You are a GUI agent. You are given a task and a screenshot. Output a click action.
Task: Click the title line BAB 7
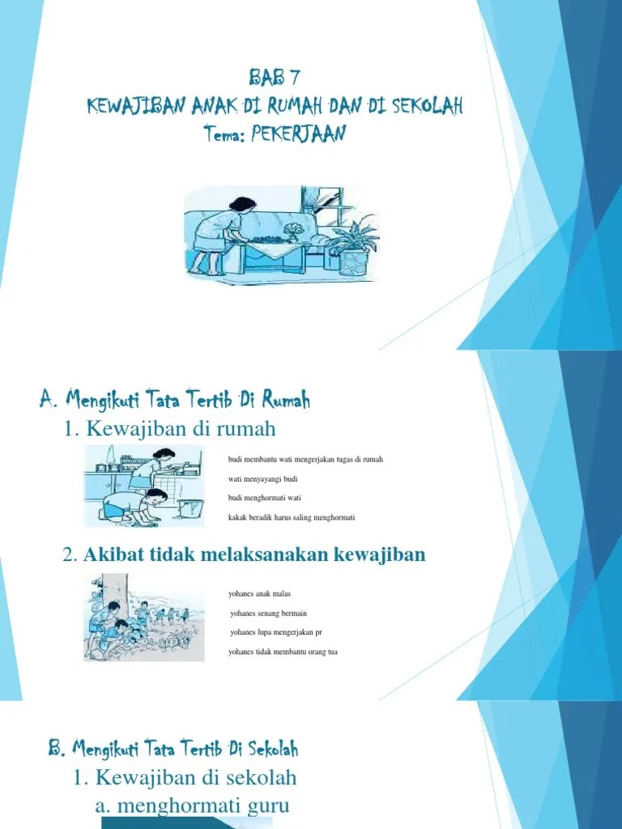click(x=275, y=79)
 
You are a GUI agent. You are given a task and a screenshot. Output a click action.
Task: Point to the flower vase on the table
click(x=292, y=233)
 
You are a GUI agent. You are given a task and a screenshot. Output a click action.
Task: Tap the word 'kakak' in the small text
click(x=236, y=517)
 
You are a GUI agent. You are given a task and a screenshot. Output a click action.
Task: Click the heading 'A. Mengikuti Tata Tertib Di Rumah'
click(x=174, y=399)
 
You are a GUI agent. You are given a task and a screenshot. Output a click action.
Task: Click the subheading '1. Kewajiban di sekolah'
click(x=185, y=778)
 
